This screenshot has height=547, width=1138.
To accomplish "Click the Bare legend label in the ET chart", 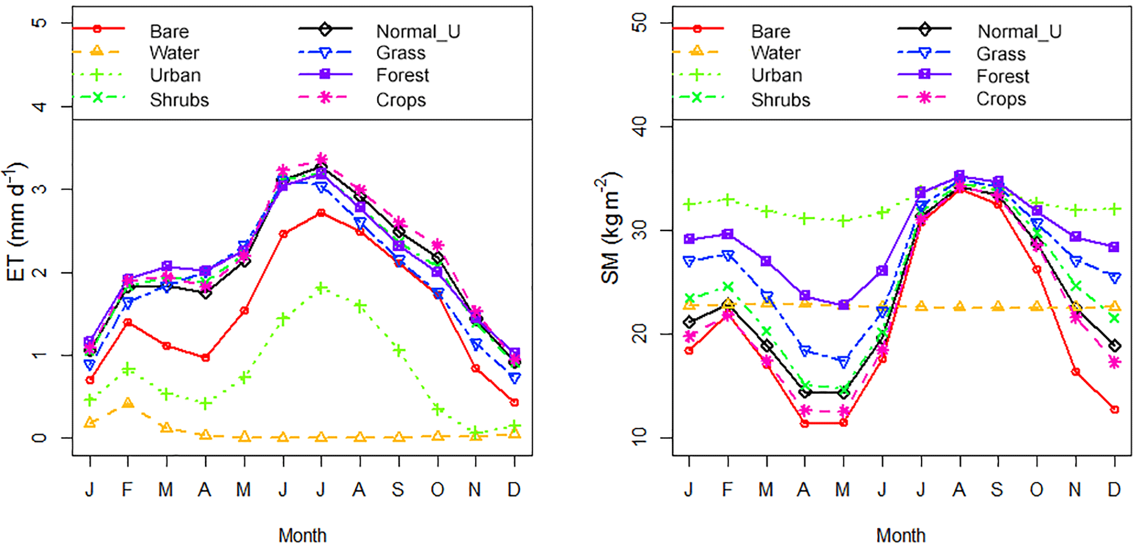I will click(x=169, y=31).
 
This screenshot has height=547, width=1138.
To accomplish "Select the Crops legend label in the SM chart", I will click(x=1001, y=99).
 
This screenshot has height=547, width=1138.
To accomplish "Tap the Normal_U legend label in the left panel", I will click(x=418, y=31).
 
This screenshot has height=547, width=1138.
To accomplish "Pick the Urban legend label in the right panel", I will click(x=776, y=75).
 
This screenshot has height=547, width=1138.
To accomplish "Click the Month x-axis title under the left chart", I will click(x=302, y=535).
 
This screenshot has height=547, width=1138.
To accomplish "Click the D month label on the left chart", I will click(x=514, y=489).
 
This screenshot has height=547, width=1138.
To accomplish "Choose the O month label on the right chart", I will click(x=1036, y=489).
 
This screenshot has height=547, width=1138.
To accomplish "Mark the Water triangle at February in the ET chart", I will click(x=128, y=403).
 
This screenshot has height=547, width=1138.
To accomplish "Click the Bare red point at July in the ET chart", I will click(x=322, y=212).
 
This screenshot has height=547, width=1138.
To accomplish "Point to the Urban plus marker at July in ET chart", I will click(x=322, y=288).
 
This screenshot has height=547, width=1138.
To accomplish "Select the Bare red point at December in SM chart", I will click(x=1114, y=409).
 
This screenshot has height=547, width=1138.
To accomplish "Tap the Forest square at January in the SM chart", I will click(x=689, y=239).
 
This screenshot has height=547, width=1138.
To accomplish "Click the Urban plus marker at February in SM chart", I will click(x=728, y=200).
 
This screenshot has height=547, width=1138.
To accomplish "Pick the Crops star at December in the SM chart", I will click(x=1114, y=363).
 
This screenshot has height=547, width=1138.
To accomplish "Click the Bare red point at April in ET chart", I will click(x=205, y=358).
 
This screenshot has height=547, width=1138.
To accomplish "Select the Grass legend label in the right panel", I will click(x=1001, y=54).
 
